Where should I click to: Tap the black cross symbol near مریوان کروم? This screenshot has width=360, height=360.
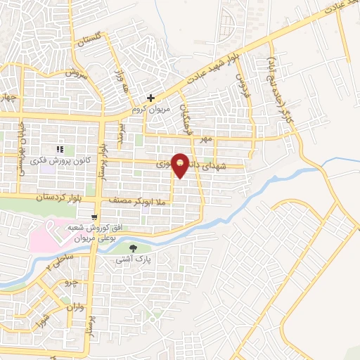coord(150,98)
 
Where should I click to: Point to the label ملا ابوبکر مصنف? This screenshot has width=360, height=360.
coord(136,201)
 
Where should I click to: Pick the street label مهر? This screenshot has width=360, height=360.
coord(205,141)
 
